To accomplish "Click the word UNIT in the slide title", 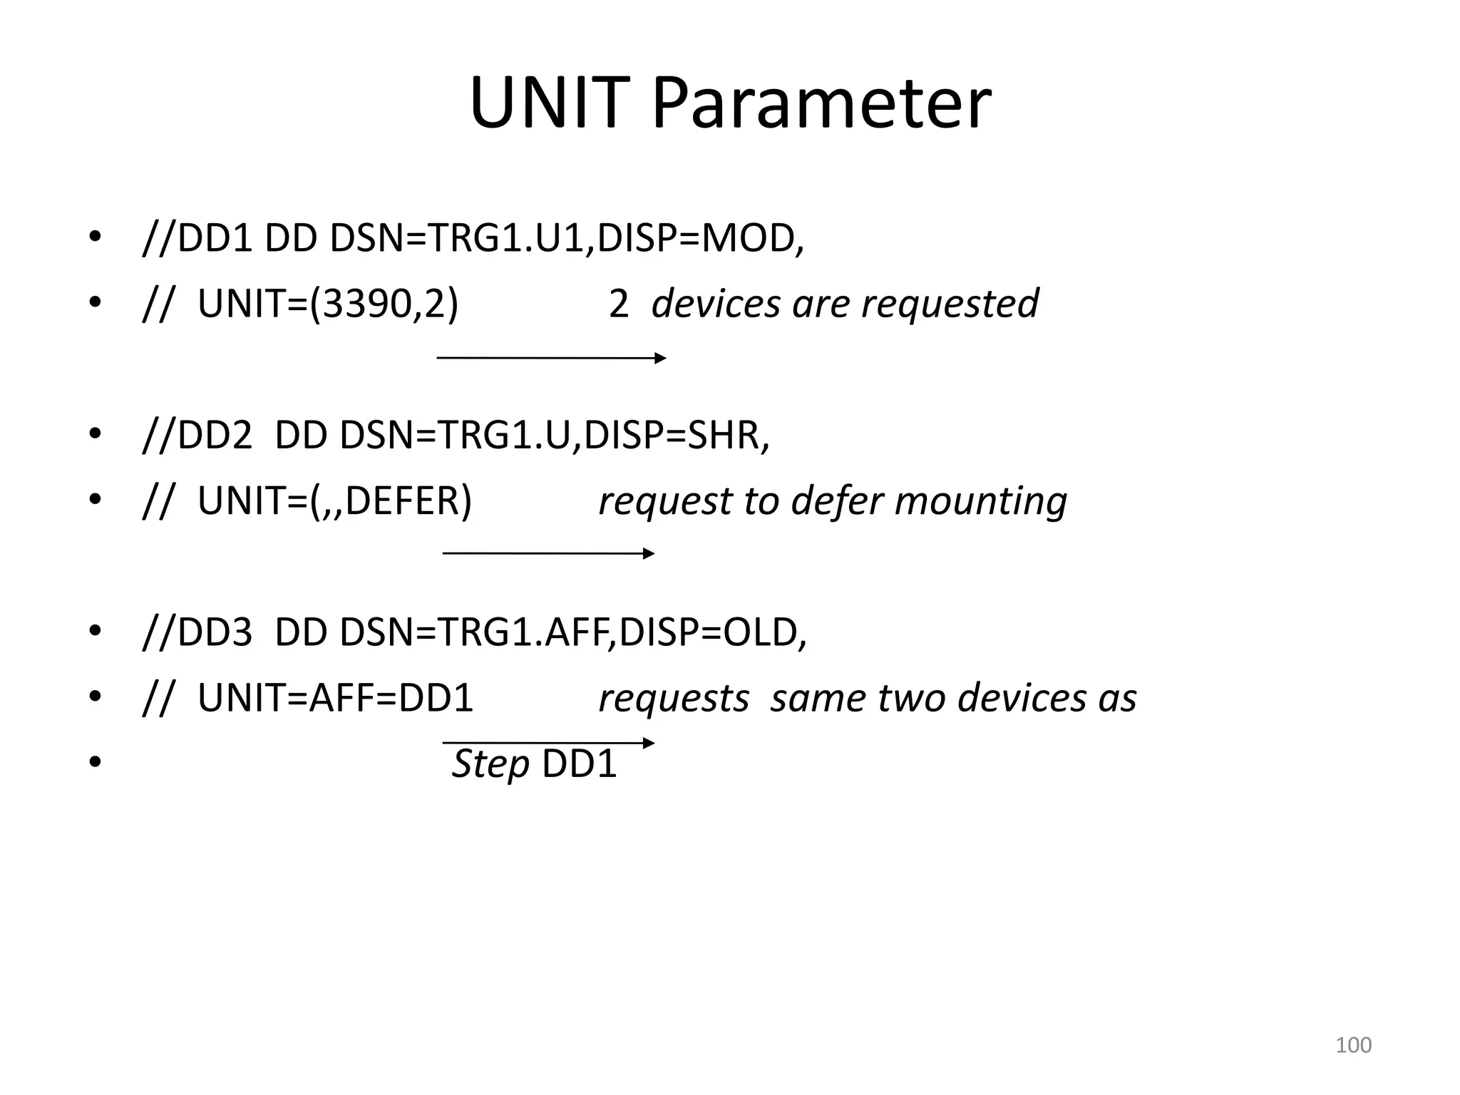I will click(550, 104).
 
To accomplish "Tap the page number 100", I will click(1353, 1045).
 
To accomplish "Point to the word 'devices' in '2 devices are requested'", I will click(716, 304).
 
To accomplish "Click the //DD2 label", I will click(197, 435).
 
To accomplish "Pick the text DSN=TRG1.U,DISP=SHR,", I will click(555, 435).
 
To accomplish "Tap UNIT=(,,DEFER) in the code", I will click(334, 500).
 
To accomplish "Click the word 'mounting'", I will click(980, 500).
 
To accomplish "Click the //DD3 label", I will click(197, 632).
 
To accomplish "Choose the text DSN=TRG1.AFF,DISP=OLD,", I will click(573, 632).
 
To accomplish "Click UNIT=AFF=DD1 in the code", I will click(335, 698).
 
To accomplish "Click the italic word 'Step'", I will click(490, 764).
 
